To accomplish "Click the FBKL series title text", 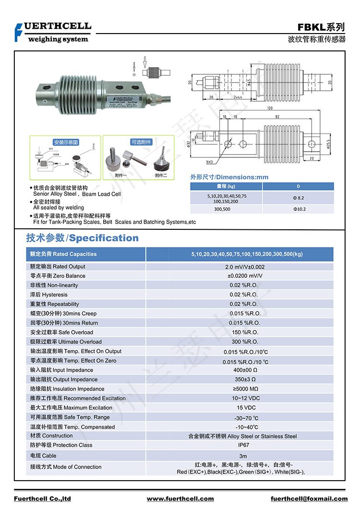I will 321,27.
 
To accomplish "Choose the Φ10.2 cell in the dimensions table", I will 299,209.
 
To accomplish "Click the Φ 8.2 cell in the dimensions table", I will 299,198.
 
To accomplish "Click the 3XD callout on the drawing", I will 209,163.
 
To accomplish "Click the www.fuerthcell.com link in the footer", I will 180,499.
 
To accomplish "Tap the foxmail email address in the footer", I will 308,499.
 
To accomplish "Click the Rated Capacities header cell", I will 63,254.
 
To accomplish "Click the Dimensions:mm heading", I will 229,177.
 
